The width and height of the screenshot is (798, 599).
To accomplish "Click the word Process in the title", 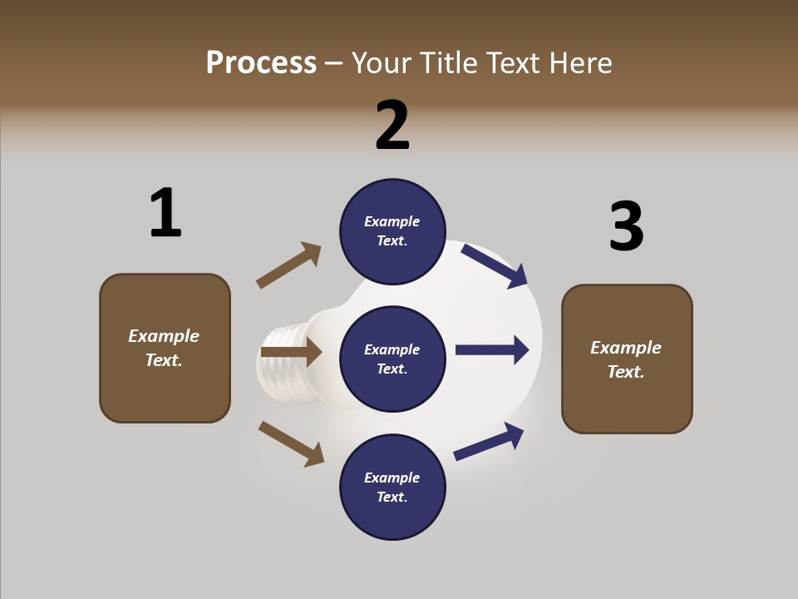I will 261,63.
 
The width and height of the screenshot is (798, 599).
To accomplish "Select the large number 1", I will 165,213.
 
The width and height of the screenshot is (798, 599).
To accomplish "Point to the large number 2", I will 392,125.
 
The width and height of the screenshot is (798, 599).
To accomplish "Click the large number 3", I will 626,226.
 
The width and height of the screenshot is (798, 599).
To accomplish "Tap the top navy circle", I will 392,230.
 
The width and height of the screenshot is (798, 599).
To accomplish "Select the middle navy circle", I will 392,359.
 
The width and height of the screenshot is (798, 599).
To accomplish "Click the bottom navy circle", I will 392,487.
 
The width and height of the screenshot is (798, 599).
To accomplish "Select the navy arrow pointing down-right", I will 495,265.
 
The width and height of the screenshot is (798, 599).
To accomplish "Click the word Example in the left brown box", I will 164,336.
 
